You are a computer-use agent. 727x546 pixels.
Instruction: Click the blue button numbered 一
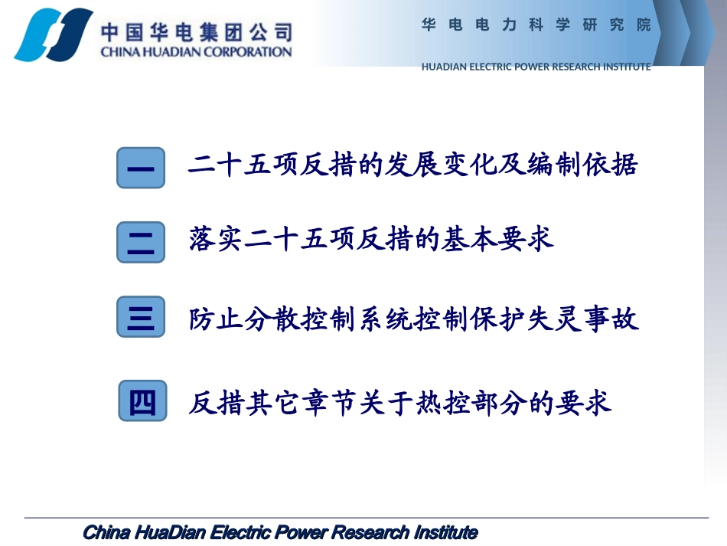141,168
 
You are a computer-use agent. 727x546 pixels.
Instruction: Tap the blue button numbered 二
141,242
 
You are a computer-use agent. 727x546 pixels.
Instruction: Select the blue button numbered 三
141,317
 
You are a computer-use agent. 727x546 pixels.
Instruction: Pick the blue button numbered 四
142,401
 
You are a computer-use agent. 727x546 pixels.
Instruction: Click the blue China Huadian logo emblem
51,34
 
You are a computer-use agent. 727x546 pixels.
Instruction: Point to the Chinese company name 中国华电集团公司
196,31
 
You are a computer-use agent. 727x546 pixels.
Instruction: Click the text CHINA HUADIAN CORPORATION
196,52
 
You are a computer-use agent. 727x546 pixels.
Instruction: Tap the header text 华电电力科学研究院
536,25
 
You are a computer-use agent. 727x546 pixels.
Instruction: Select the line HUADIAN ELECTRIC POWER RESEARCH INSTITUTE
536,67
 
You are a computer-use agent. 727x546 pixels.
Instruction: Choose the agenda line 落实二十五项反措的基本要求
371,240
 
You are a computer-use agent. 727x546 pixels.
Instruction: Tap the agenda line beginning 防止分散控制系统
413,319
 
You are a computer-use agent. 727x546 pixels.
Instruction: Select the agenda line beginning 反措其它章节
400,402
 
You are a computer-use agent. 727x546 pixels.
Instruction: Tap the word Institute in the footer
446,532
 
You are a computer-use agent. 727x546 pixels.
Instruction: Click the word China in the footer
106,532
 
